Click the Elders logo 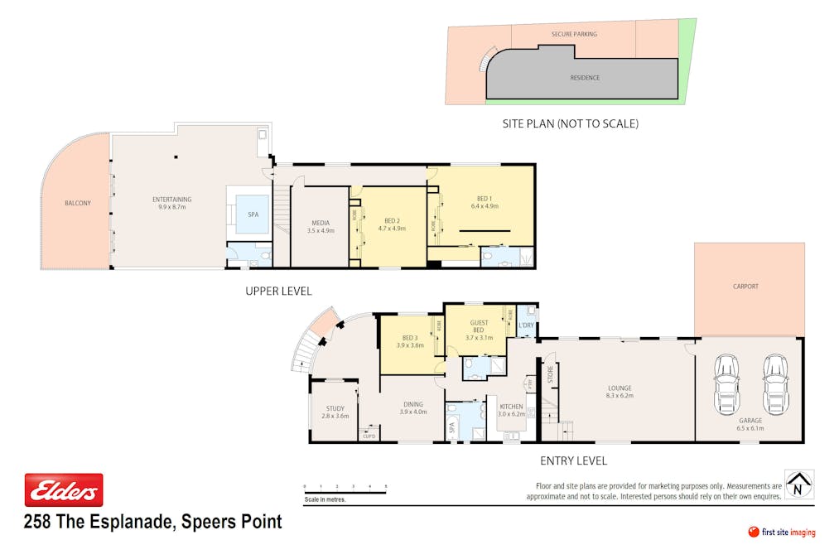click(64, 490)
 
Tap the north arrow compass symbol click(798, 484)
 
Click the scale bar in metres click(345, 493)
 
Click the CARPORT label click(745, 287)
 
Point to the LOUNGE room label click(619, 388)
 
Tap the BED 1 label click(485, 198)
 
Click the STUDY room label click(335, 408)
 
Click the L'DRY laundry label click(525, 325)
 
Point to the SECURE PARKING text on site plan click(574, 35)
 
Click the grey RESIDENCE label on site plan click(585, 78)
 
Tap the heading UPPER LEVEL click(278, 291)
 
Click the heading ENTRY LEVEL click(573, 460)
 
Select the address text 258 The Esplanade click(153, 522)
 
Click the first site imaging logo click(782, 532)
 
